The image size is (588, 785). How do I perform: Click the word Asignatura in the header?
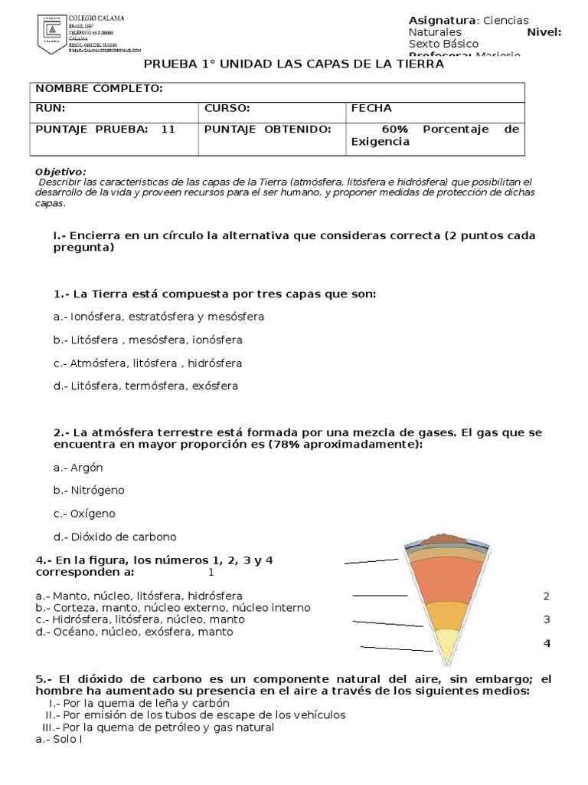443,20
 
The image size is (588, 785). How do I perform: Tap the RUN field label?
51,109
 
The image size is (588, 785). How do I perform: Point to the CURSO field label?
227,109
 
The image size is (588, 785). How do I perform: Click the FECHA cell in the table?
371,109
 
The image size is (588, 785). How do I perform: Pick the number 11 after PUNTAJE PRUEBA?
168,129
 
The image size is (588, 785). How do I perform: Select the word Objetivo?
61,171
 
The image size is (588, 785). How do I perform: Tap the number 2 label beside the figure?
547,596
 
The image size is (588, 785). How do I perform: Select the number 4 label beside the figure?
547,643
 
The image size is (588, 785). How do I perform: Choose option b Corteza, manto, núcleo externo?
173,608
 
